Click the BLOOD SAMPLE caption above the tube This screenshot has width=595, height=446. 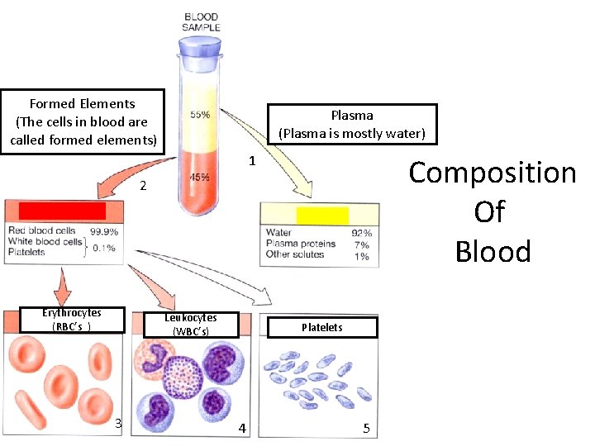click(x=200, y=21)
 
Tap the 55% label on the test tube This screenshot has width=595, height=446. click(x=200, y=115)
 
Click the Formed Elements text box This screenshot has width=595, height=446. click(x=83, y=121)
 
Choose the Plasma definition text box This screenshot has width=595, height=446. click(x=352, y=125)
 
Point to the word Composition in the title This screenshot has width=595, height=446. click(x=492, y=173)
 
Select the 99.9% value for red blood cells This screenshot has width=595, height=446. click(x=104, y=232)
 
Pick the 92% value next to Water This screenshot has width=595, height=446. click(x=361, y=234)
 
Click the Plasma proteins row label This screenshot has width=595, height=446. click(x=301, y=244)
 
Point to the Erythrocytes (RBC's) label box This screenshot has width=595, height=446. click(x=72, y=320)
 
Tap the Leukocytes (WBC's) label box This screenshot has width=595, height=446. click(x=191, y=325)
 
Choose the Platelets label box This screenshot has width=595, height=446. click(x=322, y=328)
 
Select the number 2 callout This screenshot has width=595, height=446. click(x=143, y=187)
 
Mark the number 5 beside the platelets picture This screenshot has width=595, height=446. click(x=366, y=428)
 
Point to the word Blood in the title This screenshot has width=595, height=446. click(x=493, y=251)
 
